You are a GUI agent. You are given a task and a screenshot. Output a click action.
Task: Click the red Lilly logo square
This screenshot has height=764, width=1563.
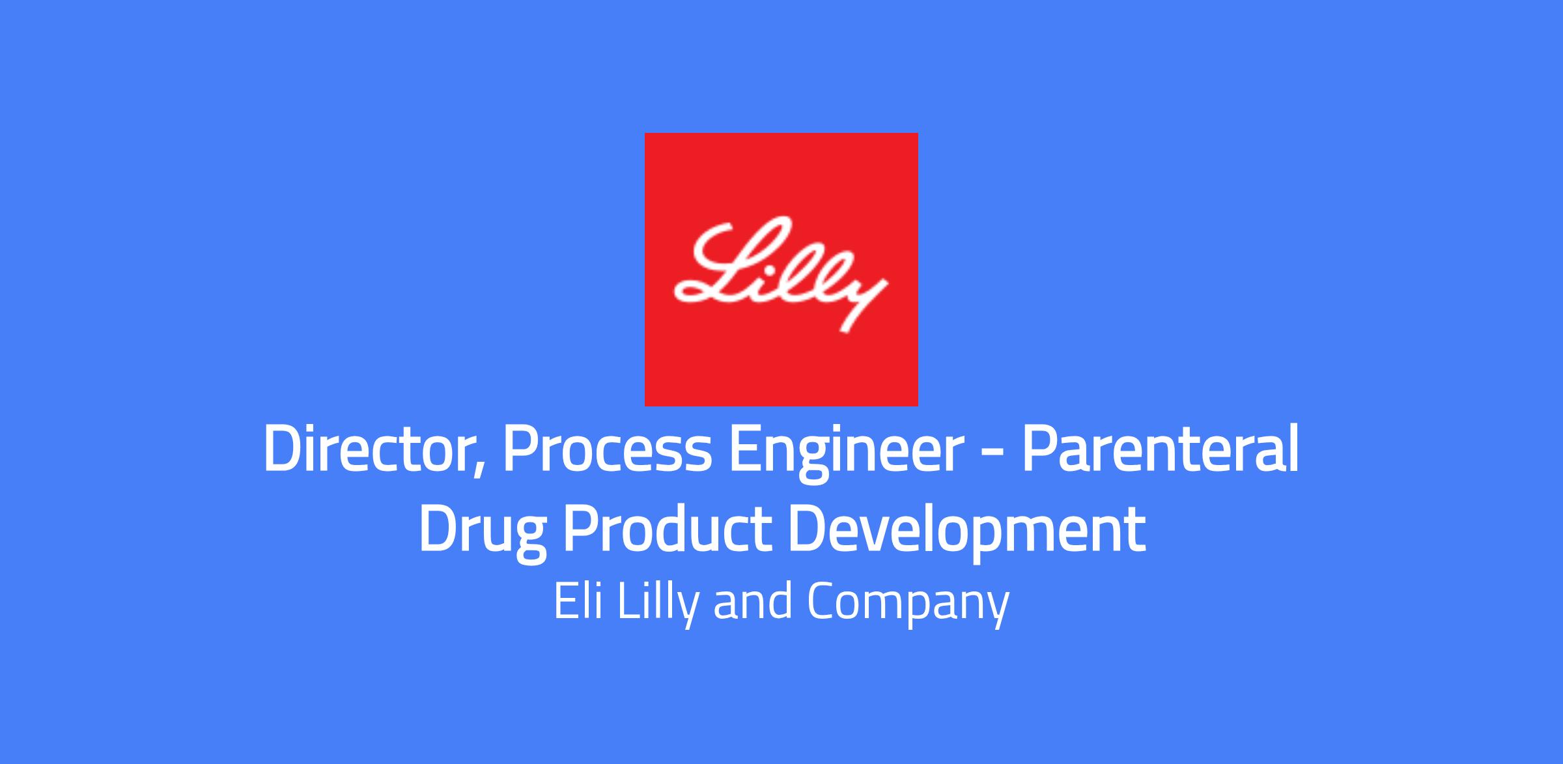tap(781, 269)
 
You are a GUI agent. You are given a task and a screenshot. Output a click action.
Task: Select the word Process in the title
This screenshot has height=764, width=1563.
tap(608, 450)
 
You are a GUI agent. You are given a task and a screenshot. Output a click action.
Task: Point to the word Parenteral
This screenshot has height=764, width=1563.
tap(1160, 449)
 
